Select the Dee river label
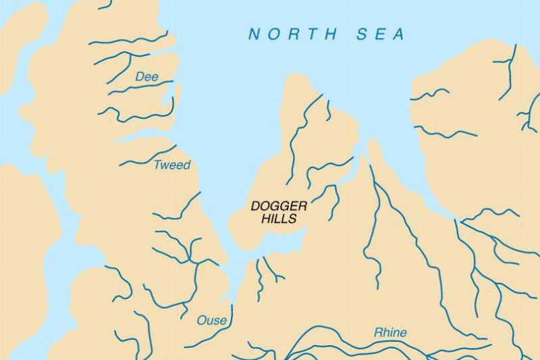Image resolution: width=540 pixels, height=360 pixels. click(146, 77)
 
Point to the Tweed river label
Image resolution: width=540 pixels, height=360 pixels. click(172, 165)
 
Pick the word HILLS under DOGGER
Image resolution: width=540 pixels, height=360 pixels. click(279, 219)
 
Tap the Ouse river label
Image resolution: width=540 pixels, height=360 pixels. click(211, 320)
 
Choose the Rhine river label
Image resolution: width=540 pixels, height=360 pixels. click(390, 332)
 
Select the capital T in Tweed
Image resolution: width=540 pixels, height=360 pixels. click(158, 165)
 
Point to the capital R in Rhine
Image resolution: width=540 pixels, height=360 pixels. click(378, 332)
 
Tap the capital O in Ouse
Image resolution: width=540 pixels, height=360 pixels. click(201, 320)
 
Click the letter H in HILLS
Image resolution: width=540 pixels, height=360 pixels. click(266, 219)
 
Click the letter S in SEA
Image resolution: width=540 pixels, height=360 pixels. click(362, 34)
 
